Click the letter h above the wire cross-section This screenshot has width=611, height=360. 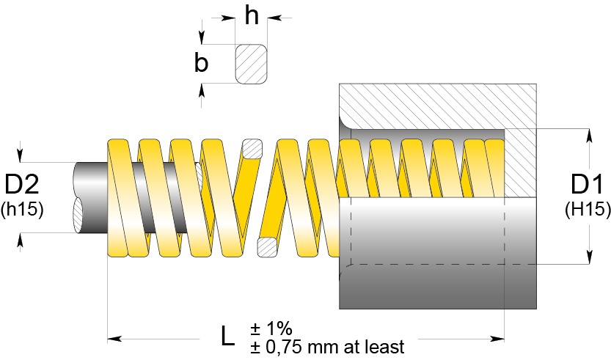(x=252, y=16)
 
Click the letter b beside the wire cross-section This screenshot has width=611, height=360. (x=201, y=62)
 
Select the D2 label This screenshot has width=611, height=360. (x=22, y=184)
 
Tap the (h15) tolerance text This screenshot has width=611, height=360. (x=22, y=209)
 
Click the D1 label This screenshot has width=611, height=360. (x=587, y=184)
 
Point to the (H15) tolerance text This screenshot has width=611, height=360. (x=588, y=209)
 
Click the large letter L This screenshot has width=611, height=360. (x=228, y=337)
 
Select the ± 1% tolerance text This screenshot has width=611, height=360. (x=271, y=329)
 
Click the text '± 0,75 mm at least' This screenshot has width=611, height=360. (x=327, y=346)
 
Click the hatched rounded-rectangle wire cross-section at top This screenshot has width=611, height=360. (x=252, y=64)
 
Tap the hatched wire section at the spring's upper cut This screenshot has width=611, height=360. (x=252, y=149)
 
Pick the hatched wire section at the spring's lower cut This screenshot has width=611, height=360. (x=268, y=247)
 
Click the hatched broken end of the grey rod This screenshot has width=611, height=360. (x=78, y=216)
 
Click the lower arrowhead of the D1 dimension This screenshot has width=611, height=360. (x=589, y=257)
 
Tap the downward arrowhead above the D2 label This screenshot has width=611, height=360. (x=21, y=155)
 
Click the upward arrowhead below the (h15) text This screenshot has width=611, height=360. (x=21, y=240)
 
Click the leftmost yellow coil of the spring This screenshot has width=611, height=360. (x=118, y=197)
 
